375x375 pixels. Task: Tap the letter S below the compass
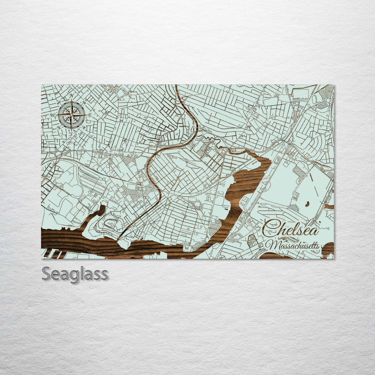pos(72,133)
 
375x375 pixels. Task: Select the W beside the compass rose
pos(53,115)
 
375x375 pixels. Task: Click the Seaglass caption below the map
pos(75,274)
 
